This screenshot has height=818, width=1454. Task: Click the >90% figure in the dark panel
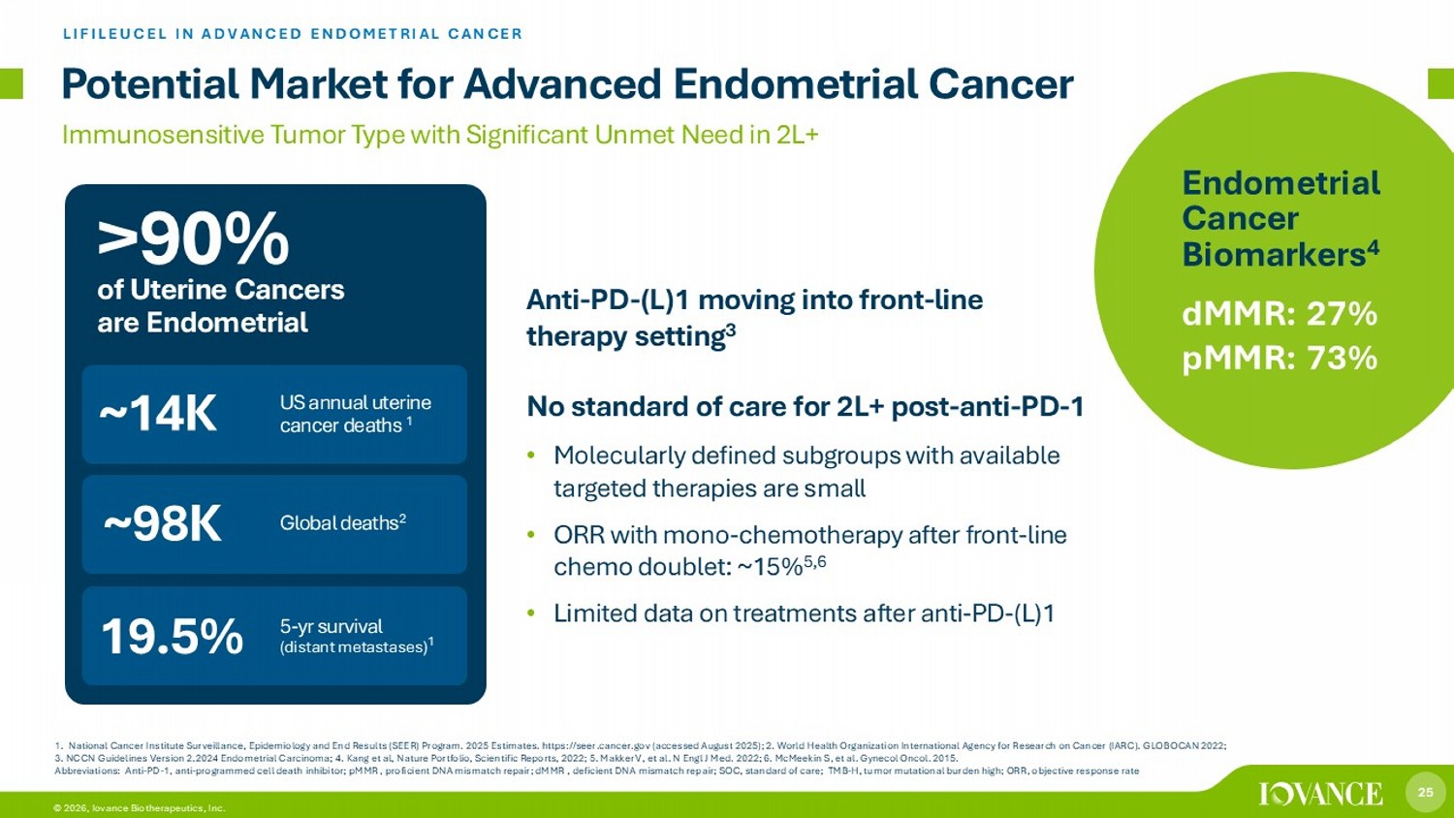pyautogui.click(x=193, y=239)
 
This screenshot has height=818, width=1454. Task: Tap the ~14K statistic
pyautogui.click(x=158, y=414)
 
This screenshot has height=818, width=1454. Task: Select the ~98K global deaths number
pyautogui.click(x=162, y=524)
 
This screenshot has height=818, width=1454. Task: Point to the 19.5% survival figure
pyautogui.click(x=172, y=636)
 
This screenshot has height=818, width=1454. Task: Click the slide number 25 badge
pyautogui.click(x=1426, y=792)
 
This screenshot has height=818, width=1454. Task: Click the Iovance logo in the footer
pyautogui.click(x=1321, y=794)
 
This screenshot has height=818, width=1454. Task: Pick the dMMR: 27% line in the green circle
pyautogui.click(x=1280, y=314)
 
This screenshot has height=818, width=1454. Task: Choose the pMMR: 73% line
pyautogui.click(x=1280, y=358)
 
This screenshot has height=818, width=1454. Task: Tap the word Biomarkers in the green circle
pyautogui.click(x=1275, y=254)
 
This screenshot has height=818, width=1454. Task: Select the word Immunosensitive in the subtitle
pyautogui.click(x=163, y=135)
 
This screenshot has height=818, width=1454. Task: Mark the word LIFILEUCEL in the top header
pyautogui.click(x=115, y=34)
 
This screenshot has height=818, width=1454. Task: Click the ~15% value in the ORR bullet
pyautogui.click(x=771, y=567)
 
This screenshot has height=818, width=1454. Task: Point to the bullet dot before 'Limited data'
pyautogui.click(x=531, y=613)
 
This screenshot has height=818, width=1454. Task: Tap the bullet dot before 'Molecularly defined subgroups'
pyautogui.click(x=531, y=456)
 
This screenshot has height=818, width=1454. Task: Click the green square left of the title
pyautogui.click(x=11, y=83)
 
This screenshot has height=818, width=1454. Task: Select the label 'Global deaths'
pyautogui.click(x=339, y=523)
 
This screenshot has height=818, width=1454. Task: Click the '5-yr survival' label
pyautogui.click(x=332, y=626)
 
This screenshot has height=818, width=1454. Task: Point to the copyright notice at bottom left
pyautogui.click(x=139, y=808)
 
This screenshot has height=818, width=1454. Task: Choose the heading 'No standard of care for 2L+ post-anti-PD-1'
pyautogui.click(x=805, y=407)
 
